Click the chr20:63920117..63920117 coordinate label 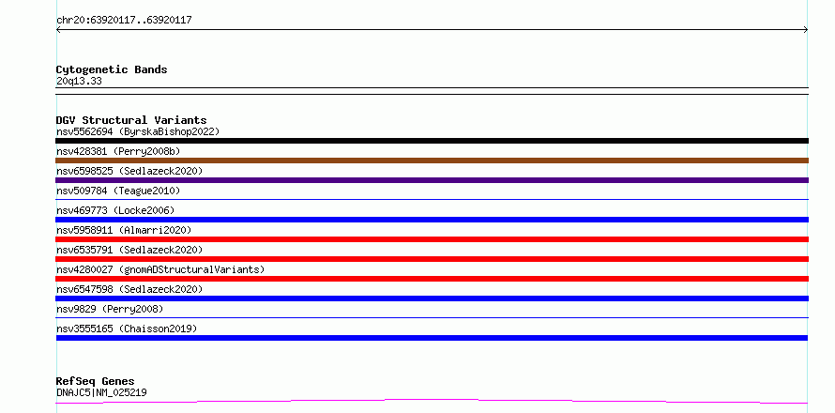click(x=124, y=21)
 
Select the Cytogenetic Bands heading click(x=112, y=69)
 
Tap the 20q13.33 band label click(x=79, y=82)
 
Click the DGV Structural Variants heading click(x=131, y=120)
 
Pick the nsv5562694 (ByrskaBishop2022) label click(x=138, y=131)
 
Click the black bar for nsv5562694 click(x=432, y=141)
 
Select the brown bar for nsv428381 click(x=432, y=161)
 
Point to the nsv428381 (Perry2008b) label click(x=118, y=151)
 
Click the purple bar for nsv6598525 click(x=432, y=180)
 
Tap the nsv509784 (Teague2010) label click(x=118, y=191)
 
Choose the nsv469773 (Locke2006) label click(x=115, y=210)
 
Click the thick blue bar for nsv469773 click(x=432, y=220)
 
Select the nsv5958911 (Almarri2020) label click(x=124, y=230)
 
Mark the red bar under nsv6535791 click(x=432, y=259)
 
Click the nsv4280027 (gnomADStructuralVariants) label click(x=160, y=269)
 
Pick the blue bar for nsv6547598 click(x=432, y=298)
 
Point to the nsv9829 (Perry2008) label click(x=110, y=309)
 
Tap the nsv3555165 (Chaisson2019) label click(x=127, y=329)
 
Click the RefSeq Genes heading click(x=96, y=382)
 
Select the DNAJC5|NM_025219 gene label click(x=101, y=392)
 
